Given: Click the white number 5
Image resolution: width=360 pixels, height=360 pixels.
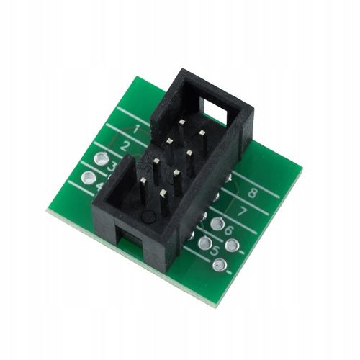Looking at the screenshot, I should pyautogui.click(x=215, y=251).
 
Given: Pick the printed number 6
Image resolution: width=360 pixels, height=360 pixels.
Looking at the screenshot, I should pyautogui.click(x=229, y=231).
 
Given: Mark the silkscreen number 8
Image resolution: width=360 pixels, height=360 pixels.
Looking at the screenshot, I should pyautogui.click(x=253, y=193).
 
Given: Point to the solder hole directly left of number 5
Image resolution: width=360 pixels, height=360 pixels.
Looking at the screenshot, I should pyautogui.click(x=204, y=243).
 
